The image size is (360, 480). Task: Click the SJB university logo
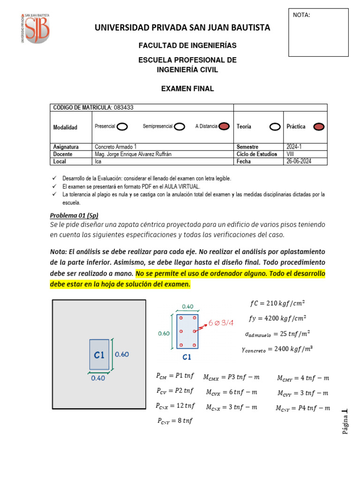point(35,28)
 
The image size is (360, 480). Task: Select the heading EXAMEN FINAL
point(187,89)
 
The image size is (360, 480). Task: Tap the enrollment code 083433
point(123,107)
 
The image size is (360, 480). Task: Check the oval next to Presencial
point(122,127)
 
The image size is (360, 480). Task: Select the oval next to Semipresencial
point(179,127)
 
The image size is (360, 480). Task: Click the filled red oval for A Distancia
point(224,127)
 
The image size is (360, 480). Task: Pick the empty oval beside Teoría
point(274,127)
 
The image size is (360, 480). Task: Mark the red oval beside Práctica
point(319,127)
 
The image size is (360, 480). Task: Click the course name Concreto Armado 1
point(115,147)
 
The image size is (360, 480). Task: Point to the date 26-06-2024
point(299,161)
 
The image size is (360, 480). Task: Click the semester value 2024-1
point(294,147)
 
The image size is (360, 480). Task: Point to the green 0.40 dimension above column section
point(187,306)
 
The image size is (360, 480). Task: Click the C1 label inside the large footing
point(99,355)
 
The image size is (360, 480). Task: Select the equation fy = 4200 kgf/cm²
point(277,319)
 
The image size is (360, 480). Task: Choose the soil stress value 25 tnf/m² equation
point(277,334)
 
